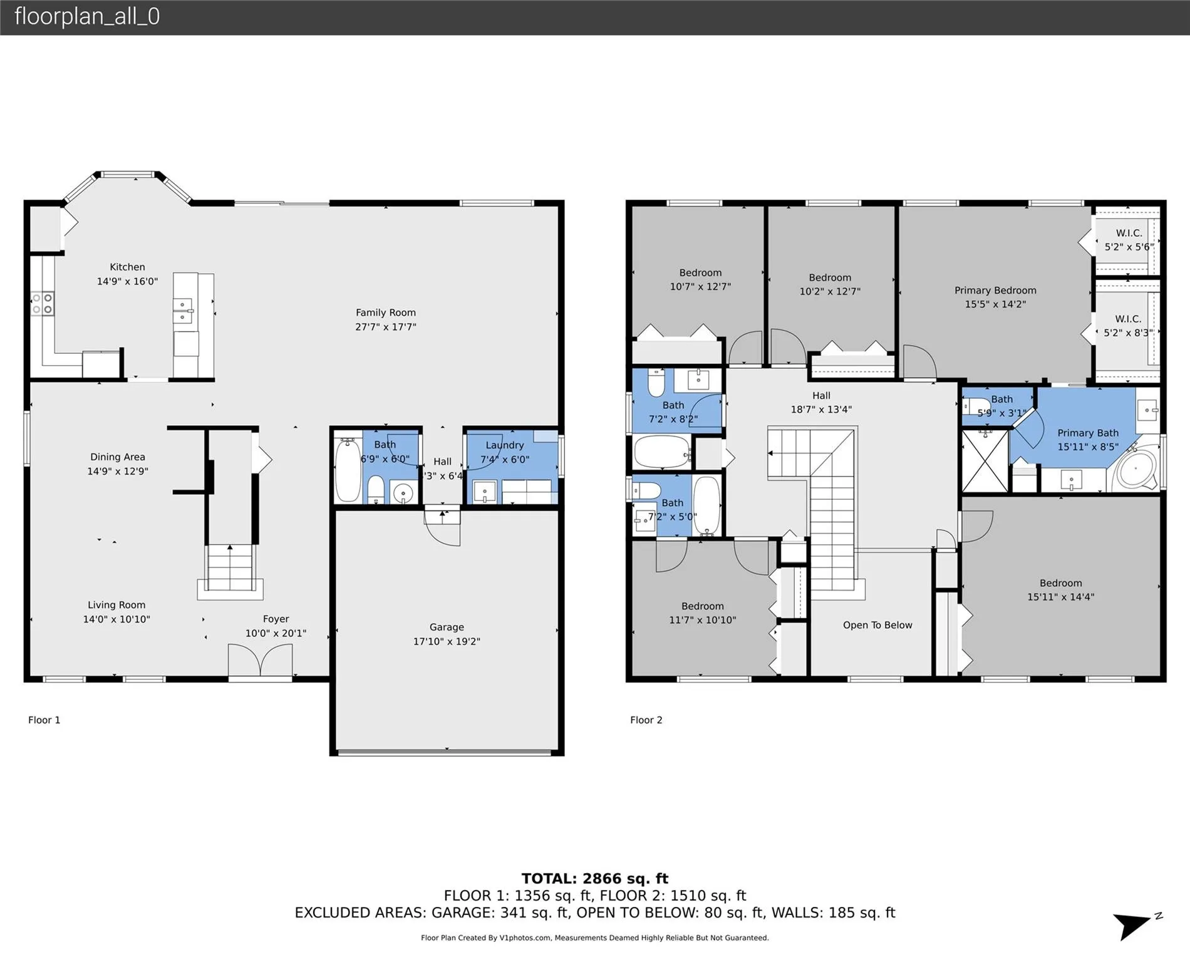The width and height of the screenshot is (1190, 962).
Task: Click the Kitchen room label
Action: tap(127, 267)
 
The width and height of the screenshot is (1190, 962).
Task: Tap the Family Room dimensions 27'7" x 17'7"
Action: tap(386, 327)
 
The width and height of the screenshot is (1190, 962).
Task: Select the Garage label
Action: tap(447, 627)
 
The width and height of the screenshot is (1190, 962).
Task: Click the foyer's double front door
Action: tap(260, 661)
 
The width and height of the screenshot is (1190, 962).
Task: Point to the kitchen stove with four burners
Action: tap(42, 304)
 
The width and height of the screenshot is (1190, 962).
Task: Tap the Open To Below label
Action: tap(877, 625)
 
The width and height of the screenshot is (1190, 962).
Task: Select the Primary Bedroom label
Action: tap(995, 291)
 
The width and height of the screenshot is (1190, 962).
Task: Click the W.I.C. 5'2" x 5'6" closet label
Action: tap(1129, 240)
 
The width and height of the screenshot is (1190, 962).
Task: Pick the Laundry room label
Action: tap(505, 445)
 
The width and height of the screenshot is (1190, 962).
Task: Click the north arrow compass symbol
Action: tap(1136, 924)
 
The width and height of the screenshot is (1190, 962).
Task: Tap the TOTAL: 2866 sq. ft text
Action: tap(595, 879)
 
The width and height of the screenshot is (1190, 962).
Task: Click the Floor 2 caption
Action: tap(646, 720)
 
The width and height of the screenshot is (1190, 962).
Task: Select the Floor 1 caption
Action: tap(44, 720)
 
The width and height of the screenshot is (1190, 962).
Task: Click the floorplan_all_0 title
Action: tap(87, 16)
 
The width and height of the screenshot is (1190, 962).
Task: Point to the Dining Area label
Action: tap(118, 457)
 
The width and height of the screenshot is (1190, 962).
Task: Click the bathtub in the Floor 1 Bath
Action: tap(348, 470)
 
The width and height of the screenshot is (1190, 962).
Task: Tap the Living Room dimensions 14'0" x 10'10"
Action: tap(116, 619)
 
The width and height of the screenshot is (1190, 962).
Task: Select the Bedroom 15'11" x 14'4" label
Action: tap(1061, 590)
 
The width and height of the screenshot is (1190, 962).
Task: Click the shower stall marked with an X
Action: tap(985, 460)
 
